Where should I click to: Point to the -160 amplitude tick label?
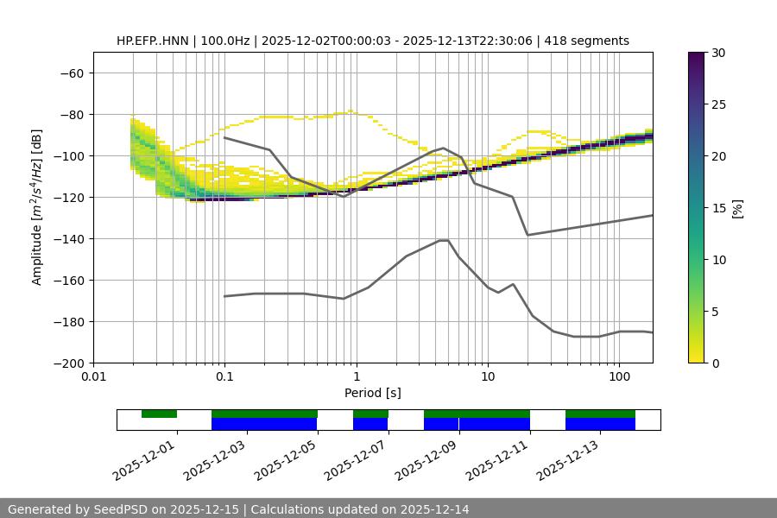pyautogui.click(x=67, y=281)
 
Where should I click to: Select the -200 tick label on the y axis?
pyautogui.click(x=67, y=363)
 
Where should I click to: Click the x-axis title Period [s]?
pyautogui.click(x=372, y=393)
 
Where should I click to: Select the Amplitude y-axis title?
pyautogui.click(x=37, y=207)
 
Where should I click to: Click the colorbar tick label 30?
pyautogui.click(x=717, y=53)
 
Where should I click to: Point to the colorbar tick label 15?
pyautogui.click(x=717, y=208)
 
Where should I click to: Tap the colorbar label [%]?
pyautogui.click(x=737, y=208)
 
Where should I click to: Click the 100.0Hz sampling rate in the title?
pyautogui.click(x=227, y=41)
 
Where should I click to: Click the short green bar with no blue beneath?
pyautogui.click(x=159, y=414)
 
